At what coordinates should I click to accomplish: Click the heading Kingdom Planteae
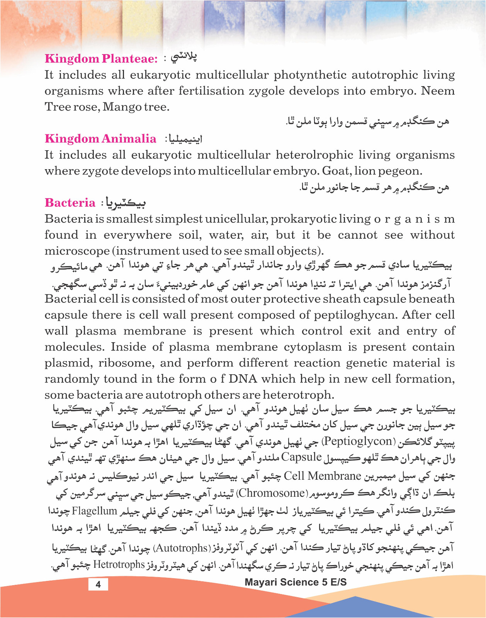[x=101, y=59]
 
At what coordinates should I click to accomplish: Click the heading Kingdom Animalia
[x=100, y=139]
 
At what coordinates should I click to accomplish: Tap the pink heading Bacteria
[x=70, y=203]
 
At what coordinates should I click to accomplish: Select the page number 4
[x=98, y=584]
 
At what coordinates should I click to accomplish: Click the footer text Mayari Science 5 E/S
[x=296, y=582]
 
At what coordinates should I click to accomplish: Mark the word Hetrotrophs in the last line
[x=119, y=565]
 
